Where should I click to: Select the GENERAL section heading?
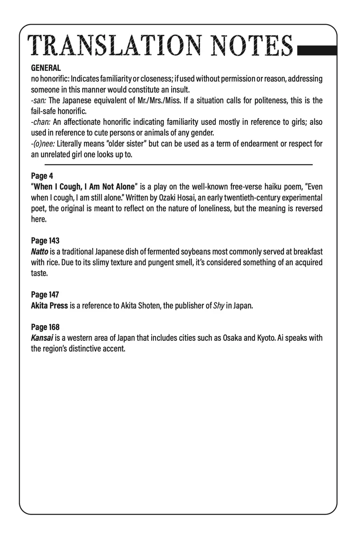[46, 68]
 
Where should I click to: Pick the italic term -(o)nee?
[43, 144]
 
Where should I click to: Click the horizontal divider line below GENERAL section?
[178, 164]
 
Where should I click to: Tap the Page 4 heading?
[42, 176]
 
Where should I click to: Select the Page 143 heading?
[45, 241]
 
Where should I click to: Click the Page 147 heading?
[45, 295]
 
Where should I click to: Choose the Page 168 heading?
[45, 327]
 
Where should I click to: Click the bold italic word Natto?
[40, 252]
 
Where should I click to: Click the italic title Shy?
[219, 306]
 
